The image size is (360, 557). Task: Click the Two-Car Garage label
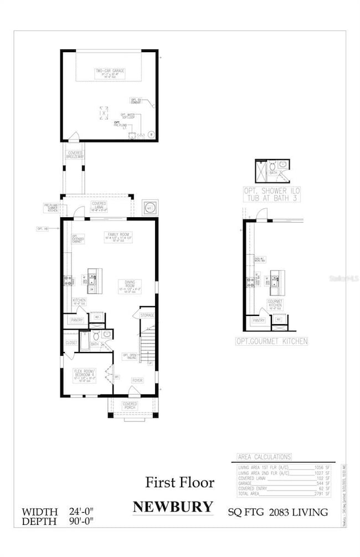click(x=109, y=71)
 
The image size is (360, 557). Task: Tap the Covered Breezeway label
click(x=75, y=155)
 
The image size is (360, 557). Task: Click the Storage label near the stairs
click(x=147, y=315)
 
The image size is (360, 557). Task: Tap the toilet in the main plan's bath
click(x=96, y=336)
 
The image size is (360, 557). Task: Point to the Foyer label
click(x=137, y=380)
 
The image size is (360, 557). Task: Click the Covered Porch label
click(x=131, y=405)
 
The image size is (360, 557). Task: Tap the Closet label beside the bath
click(x=71, y=343)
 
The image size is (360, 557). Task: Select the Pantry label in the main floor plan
click(x=76, y=320)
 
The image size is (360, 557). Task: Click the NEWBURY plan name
click(x=173, y=507)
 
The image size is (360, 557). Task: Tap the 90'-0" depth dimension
click(x=80, y=522)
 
